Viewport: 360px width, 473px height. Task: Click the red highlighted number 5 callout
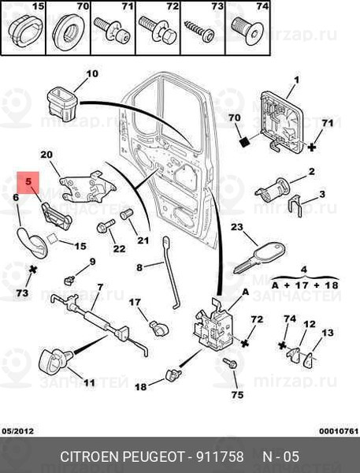pos(28,183)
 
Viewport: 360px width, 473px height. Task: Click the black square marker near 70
pos(245,141)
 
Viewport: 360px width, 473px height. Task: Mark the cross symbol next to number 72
pos(246,343)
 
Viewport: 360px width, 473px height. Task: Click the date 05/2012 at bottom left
pos(18,431)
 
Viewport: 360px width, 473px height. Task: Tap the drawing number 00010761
pos(339,431)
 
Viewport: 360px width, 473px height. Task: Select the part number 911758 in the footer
pos(220,456)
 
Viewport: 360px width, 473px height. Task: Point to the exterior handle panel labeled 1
pos(280,121)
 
